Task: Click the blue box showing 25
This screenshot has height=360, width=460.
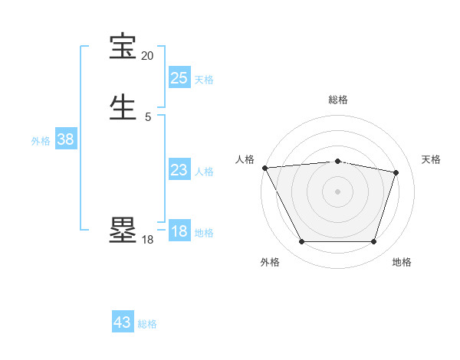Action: [x=179, y=78]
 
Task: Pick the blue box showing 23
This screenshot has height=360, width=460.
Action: [x=179, y=171]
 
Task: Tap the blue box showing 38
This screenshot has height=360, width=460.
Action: [x=66, y=140]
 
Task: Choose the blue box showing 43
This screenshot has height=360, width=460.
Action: [x=123, y=322]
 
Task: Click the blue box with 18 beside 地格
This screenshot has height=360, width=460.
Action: [x=179, y=232]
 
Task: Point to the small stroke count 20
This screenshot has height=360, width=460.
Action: [x=147, y=56]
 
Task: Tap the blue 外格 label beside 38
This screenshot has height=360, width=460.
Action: [x=41, y=141]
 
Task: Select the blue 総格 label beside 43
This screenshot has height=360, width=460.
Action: [x=147, y=324]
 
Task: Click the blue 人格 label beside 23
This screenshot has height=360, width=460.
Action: [x=204, y=172]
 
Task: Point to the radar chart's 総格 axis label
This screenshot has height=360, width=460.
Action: [x=338, y=100]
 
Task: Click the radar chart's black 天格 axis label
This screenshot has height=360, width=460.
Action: [x=432, y=159]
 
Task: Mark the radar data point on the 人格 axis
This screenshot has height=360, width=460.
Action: [x=264, y=168]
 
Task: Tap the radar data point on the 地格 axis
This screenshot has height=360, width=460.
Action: [x=374, y=242]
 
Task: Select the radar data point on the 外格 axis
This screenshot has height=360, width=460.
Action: [x=301, y=242]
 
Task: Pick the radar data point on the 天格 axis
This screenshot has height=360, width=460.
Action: [x=396, y=172]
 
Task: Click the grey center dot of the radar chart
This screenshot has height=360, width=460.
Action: [x=338, y=191]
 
